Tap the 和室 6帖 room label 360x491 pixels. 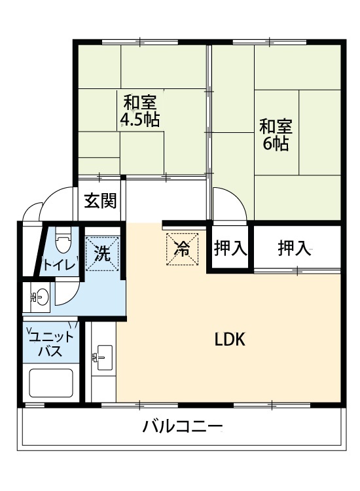276,135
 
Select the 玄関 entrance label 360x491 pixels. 100,200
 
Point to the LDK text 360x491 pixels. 230,339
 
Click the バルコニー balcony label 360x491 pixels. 183,426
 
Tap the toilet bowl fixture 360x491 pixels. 63,239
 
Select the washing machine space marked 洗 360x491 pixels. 103,253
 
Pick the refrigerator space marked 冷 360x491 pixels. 182,249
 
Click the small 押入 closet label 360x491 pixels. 230,247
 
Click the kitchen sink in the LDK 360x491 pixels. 104,357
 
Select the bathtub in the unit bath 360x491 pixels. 50,383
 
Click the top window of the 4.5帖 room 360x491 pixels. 140,42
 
